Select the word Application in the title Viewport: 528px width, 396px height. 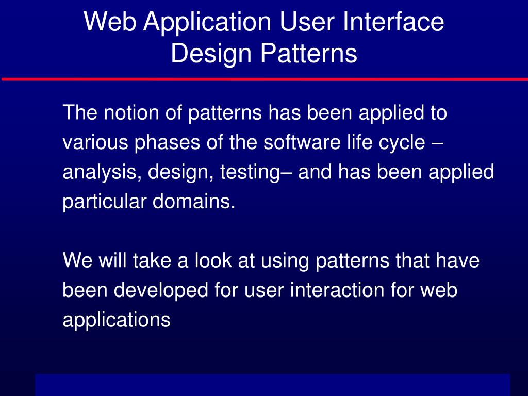[x=207, y=23]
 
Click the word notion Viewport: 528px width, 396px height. [x=131, y=112]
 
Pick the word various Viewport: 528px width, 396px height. [x=95, y=142]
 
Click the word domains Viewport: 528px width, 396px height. [x=194, y=202]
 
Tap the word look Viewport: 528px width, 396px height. [x=213, y=260]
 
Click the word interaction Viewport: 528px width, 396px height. [x=337, y=290]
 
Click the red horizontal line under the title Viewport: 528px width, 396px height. [x=265, y=79]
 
